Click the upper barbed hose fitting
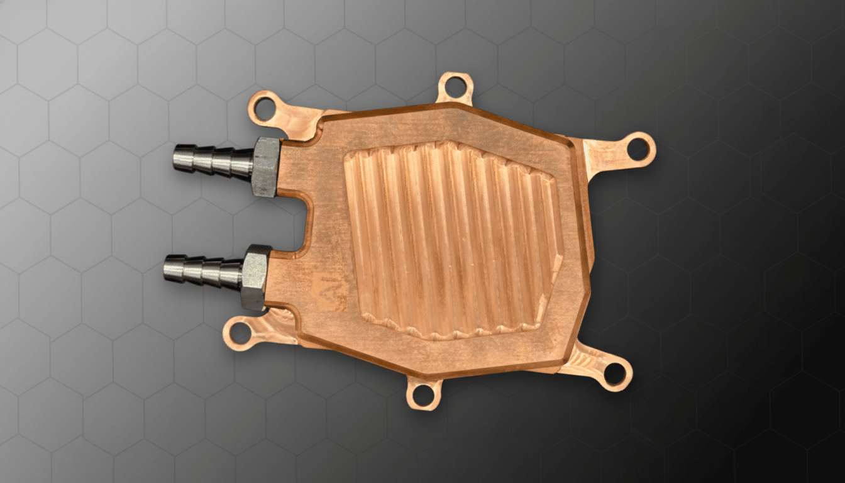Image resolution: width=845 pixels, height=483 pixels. click(x=214, y=161)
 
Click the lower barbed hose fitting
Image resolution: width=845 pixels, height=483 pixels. click(x=204, y=271)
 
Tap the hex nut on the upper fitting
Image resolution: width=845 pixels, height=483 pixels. click(x=265, y=167)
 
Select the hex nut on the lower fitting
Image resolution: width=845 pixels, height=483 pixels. click(x=255, y=277)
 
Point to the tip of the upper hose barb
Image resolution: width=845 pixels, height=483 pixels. click(x=178, y=157)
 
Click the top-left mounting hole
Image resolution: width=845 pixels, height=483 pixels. click(x=265, y=109)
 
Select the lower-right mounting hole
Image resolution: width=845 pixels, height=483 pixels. click(x=614, y=374)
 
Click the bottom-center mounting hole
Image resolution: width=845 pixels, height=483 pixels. click(x=422, y=394)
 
